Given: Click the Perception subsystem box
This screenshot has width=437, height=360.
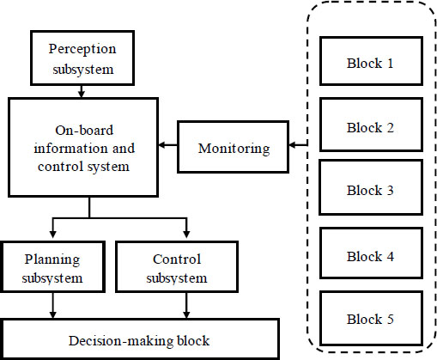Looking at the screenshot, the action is click(x=82, y=58).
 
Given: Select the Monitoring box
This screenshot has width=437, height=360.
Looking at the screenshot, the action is click(x=233, y=147).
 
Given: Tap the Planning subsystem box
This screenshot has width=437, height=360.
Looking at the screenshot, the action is click(x=52, y=266).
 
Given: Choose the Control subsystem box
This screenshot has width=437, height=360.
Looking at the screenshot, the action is click(x=177, y=266).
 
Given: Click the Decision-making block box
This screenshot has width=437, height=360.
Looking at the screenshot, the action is click(x=140, y=339).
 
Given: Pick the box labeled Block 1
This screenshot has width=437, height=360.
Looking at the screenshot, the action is click(x=371, y=61).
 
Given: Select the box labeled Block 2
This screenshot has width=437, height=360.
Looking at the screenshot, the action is click(x=371, y=125).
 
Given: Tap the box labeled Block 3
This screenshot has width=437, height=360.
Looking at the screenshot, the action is click(x=371, y=187).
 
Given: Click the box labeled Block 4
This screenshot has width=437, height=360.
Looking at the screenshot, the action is click(x=371, y=253).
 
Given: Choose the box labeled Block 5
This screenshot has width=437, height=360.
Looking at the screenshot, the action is click(x=371, y=319).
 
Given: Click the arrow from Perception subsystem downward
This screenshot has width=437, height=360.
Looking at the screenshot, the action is click(x=82, y=91).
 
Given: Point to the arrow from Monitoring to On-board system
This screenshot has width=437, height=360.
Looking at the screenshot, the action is click(x=168, y=145).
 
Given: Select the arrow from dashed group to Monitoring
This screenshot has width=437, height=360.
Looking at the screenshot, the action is click(x=298, y=145).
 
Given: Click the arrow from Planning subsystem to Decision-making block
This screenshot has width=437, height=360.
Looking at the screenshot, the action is click(x=52, y=305).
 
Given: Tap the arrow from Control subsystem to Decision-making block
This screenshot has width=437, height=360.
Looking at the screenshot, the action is click(x=186, y=305).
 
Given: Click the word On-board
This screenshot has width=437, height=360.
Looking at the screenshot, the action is click(x=84, y=131).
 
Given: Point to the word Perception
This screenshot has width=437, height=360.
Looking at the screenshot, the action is click(x=82, y=49).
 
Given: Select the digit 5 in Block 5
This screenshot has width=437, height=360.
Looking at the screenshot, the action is click(x=391, y=319).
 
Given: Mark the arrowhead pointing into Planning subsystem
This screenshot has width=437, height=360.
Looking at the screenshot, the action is click(x=52, y=235).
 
